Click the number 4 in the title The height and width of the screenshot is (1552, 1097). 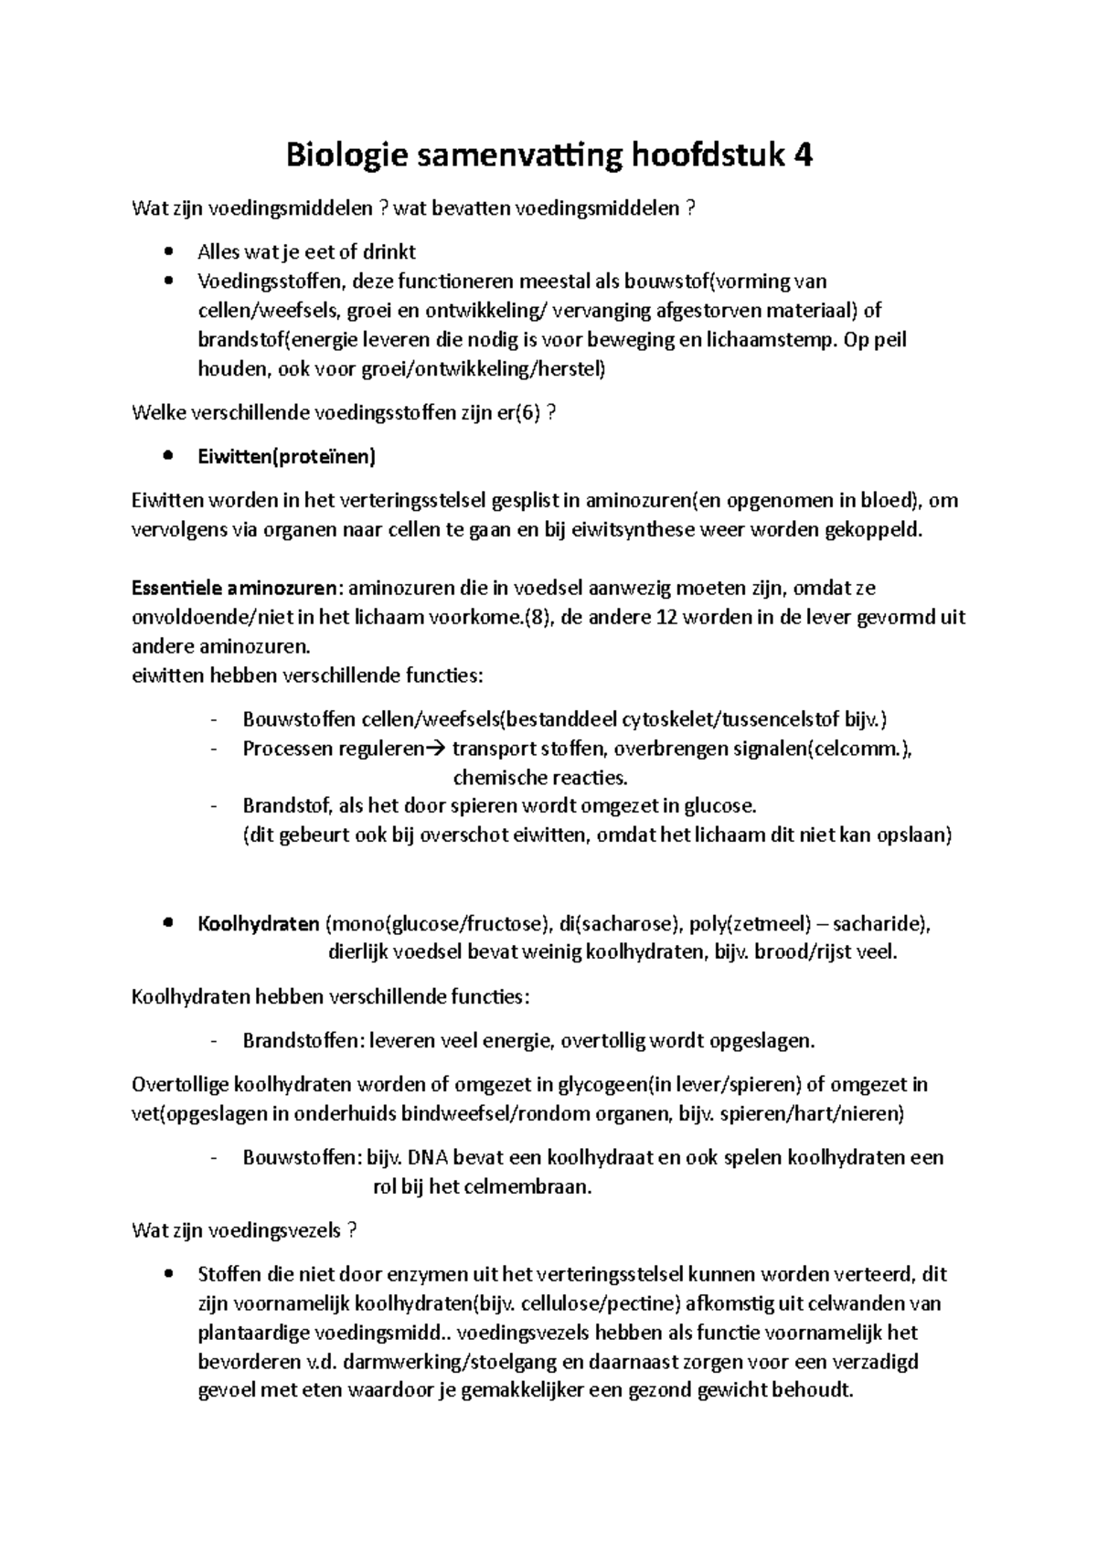pyautogui.click(x=803, y=156)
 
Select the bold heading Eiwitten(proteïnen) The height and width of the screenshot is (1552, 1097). pyautogui.click(x=286, y=457)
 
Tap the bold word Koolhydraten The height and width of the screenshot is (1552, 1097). pyautogui.click(x=259, y=923)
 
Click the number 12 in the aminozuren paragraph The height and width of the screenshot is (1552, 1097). pyautogui.click(x=667, y=617)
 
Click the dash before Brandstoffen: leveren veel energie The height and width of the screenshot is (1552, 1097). pyautogui.click(x=214, y=1041)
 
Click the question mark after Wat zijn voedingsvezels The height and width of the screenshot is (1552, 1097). pyautogui.click(x=352, y=1230)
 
